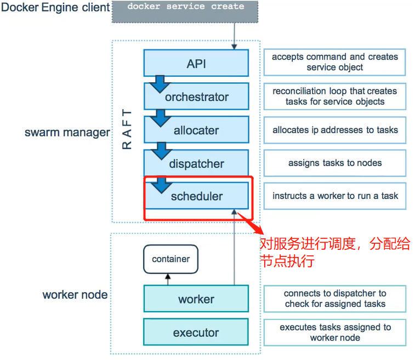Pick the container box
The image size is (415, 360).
tap(170, 259)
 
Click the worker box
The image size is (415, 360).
tap(196, 299)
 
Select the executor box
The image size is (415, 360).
tap(196, 333)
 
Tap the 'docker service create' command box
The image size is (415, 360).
tap(186, 11)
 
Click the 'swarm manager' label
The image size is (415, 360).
tap(67, 133)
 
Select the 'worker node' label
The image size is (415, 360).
tap(75, 295)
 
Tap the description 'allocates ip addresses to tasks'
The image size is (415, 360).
tap(335, 130)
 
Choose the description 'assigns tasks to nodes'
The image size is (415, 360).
tap(335, 163)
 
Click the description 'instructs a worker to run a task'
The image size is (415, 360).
tap(335, 196)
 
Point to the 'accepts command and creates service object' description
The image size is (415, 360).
tap(335, 62)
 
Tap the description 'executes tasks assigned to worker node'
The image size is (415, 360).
tap(335, 332)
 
